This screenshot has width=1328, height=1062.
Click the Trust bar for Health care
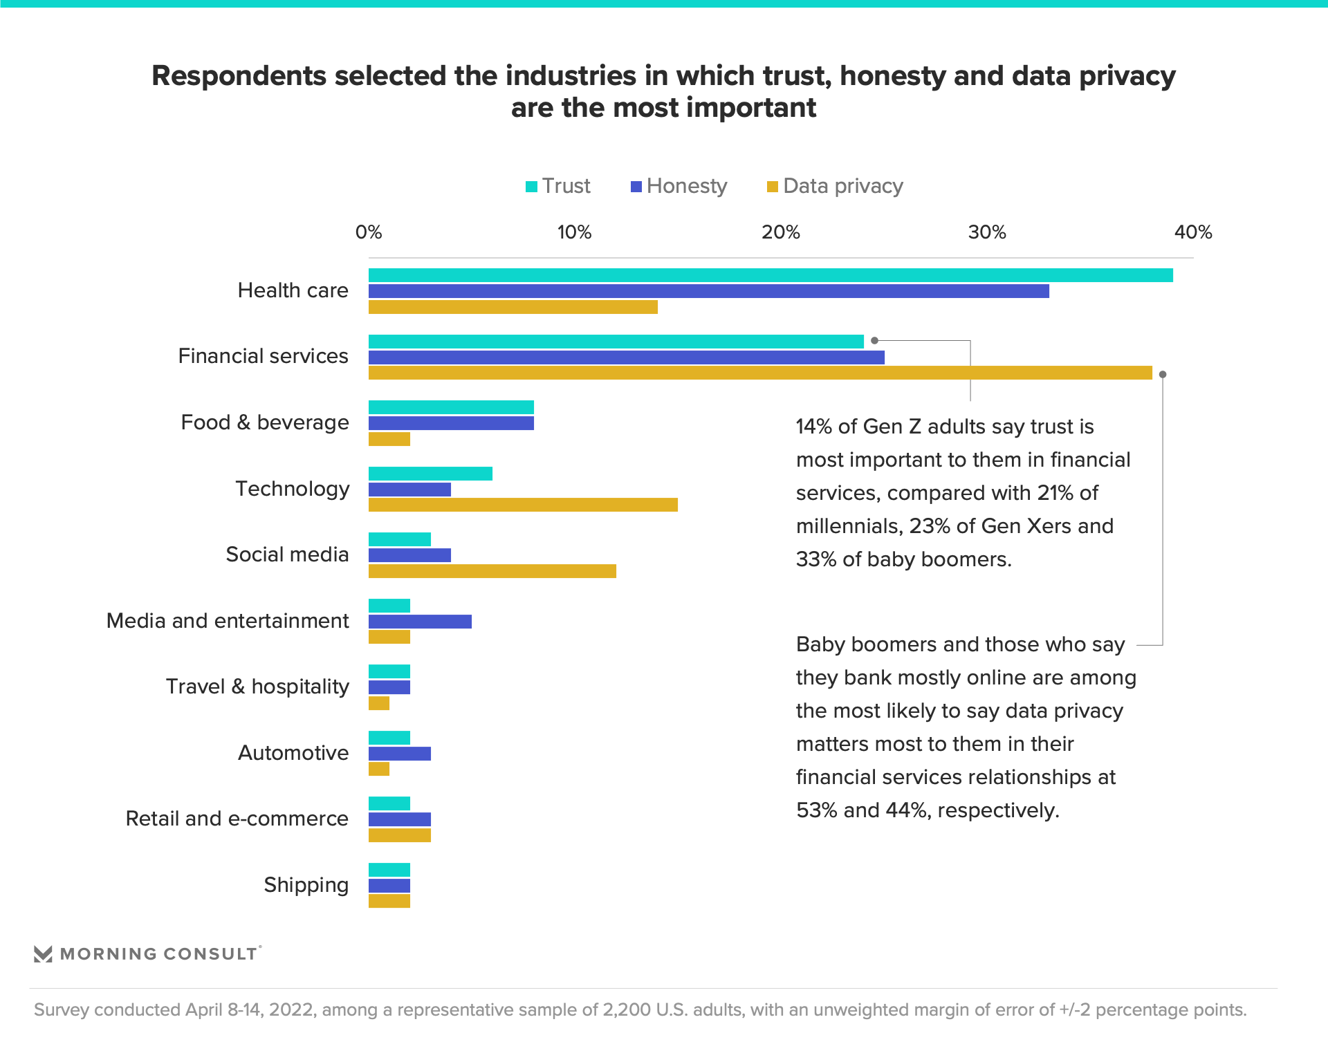pyautogui.click(x=771, y=275)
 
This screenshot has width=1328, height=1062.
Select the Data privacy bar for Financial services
pyautogui.click(x=760, y=373)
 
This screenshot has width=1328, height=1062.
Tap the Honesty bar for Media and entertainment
pyautogui.click(x=420, y=622)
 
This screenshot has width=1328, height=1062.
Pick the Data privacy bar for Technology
pyautogui.click(x=523, y=505)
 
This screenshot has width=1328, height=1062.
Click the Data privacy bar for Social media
pyautogui.click(x=492, y=571)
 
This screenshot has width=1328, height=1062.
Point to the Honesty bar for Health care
pyautogui.click(x=708, y=291)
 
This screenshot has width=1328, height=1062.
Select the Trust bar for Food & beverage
pyautogui.click(x=451, y=407)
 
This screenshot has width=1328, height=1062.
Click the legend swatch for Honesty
pyautogui.click(x=636, y=187)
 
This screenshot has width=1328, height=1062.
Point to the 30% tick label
pyautogui.click(x=986, y=232)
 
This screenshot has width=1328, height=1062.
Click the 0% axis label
pyautogui.click(x=369, y=232)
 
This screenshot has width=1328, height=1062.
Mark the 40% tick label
pyautogui.click(x=1192, y=232)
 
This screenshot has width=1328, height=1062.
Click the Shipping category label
pyautogui.click(x=306, y=885)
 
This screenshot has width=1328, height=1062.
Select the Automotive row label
pyautogui.click(x=293, y=753)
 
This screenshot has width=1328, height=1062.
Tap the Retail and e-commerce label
pyautogui.click(x=237, y=819)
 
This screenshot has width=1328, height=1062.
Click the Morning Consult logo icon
pyautogui.click(x=43, y=954)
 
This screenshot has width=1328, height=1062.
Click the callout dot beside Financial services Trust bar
pyautogui.click(x=874, y=340)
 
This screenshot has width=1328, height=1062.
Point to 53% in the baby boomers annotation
pyautogui.click(x=814, y=810)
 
